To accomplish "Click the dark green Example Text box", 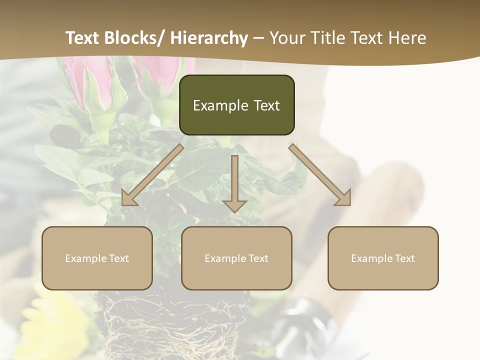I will point(236,105).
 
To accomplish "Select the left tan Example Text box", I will point(97,258).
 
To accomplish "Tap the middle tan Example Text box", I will point(236,258).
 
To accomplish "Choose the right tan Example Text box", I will point(383,258).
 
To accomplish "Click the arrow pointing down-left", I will point(153,174).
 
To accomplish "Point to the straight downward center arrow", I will point(234,182).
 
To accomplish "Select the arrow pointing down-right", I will point(320,174).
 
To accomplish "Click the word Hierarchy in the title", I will point(209,38).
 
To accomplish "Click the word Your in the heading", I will point(287,38).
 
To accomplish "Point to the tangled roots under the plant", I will point(170,325).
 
